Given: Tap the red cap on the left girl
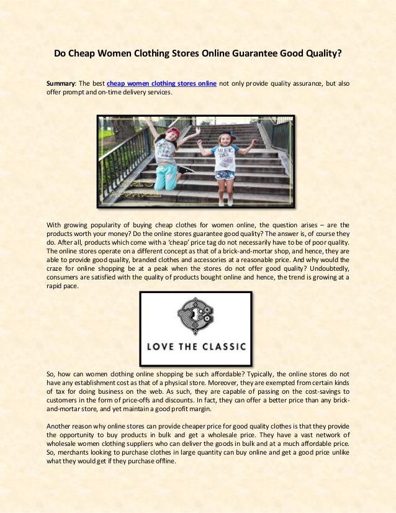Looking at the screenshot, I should tap(173, 132).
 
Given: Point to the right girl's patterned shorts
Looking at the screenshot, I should tap(225, 175).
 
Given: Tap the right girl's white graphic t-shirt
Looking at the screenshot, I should tap(224, 158).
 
